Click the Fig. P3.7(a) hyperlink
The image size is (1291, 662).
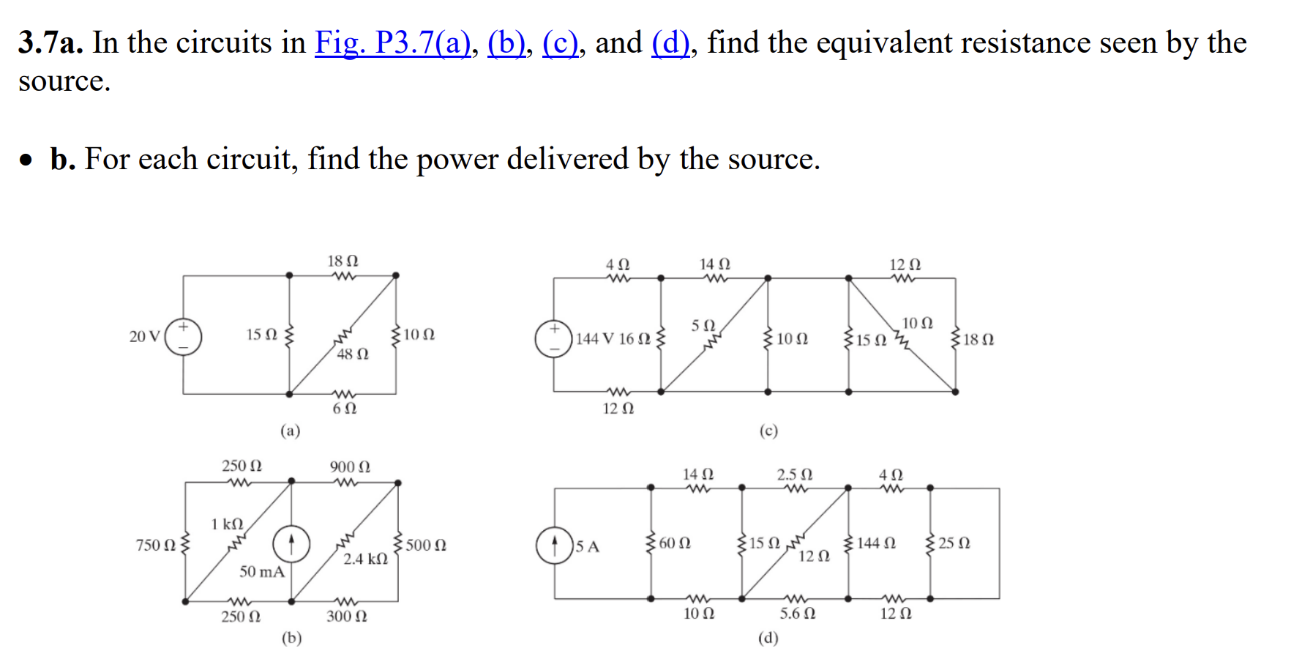click(392, 43)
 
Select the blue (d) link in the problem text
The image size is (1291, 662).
click(670, 43)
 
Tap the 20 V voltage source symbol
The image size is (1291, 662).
click(183, 336)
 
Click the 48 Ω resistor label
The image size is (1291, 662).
click(353, 354)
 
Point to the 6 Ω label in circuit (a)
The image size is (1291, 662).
click(345, 409)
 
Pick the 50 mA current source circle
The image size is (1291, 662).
click(291, 544)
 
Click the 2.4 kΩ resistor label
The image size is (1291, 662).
click(365, 559)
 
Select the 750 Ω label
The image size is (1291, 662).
click(156, 546)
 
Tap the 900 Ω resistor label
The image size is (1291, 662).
click(350, 467)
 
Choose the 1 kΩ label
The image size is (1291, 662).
click(227, 524)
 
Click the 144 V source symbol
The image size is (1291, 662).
click(553, 338)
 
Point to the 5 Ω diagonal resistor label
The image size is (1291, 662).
click(703, 324)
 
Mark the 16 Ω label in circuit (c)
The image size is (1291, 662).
click(635, 339)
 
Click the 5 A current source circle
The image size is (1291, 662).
click(554, 546)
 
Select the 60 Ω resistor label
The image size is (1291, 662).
click(675, 543)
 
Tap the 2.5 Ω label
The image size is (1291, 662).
click(794, 475)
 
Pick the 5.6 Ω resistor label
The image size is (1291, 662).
click(797, 614)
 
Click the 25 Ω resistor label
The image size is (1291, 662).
click(954, 543)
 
